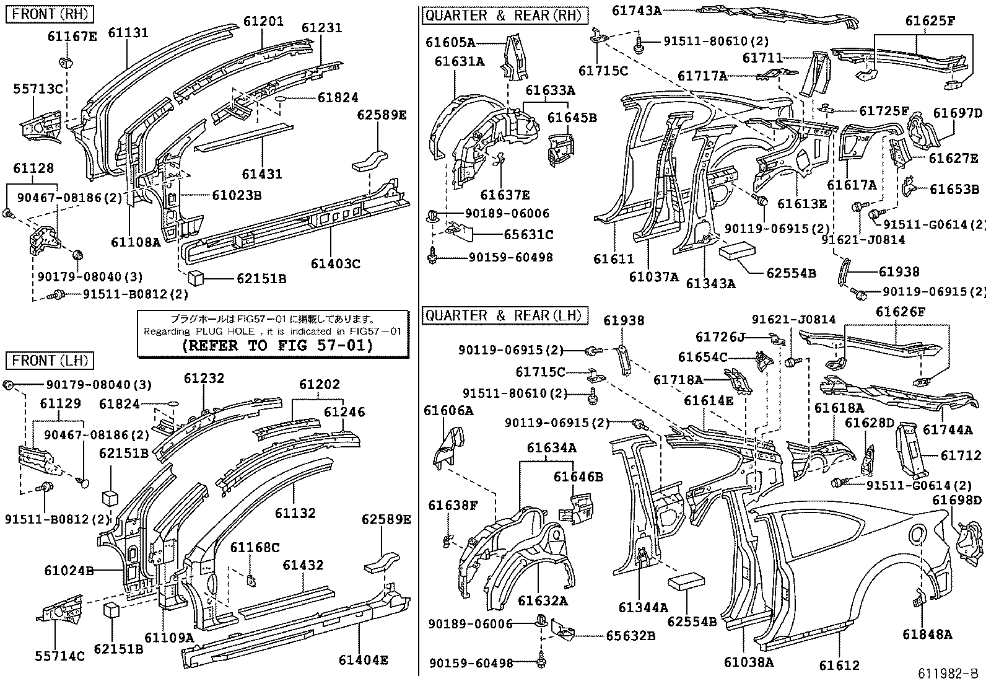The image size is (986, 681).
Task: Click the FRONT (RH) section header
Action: coord(50,14)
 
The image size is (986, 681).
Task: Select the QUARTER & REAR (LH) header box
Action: coord(504,315)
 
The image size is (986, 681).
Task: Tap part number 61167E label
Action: coord(72,37)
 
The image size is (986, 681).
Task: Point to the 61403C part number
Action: coord(335,264)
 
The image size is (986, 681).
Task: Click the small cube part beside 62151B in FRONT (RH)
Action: coord(198,278)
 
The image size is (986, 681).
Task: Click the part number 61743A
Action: coord(637,10)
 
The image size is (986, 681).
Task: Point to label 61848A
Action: coord(927,634)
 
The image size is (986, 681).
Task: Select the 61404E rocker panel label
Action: coord(363,661)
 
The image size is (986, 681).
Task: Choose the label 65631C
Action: coord(528,235)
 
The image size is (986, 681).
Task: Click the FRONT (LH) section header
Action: coord(49,361)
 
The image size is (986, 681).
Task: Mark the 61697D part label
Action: coord(958,113)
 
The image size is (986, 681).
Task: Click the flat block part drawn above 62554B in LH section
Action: coord(686,584)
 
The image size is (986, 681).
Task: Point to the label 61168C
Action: coord(255,548)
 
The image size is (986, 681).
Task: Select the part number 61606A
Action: coord(448,410)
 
